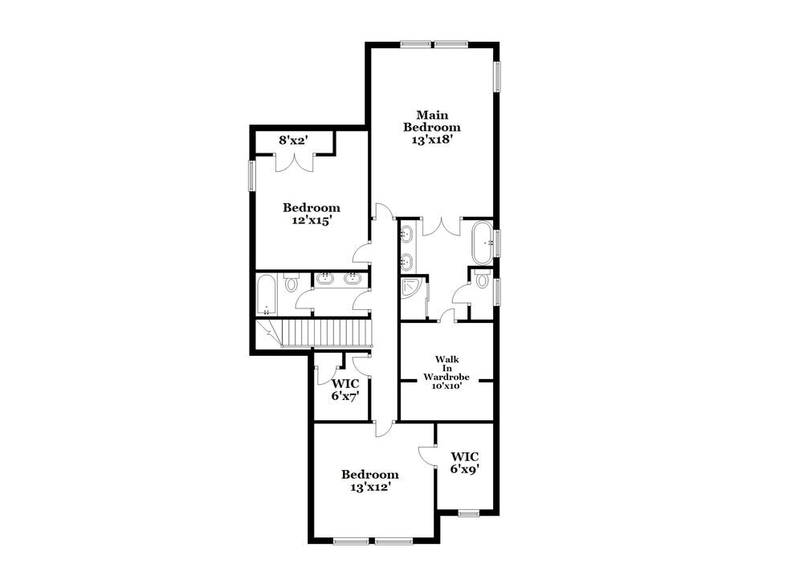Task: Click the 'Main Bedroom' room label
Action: (x=431, y=120)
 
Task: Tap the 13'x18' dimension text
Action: (x=431, y=138)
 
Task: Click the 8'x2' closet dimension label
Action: (x=294, y=141)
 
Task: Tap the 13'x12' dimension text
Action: (x=369, y=486)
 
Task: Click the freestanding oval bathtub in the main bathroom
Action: (x=482, y=243)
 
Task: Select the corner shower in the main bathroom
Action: (x=412, y=288)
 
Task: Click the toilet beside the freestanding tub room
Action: (x=482, y=280)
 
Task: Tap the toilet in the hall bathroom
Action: (x=291, y=284)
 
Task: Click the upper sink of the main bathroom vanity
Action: (x=407, y=235)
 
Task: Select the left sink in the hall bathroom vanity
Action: (x=325, y=279)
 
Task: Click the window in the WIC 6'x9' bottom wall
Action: (x=468, y=513)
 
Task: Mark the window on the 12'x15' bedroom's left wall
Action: (x=251, y=176)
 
